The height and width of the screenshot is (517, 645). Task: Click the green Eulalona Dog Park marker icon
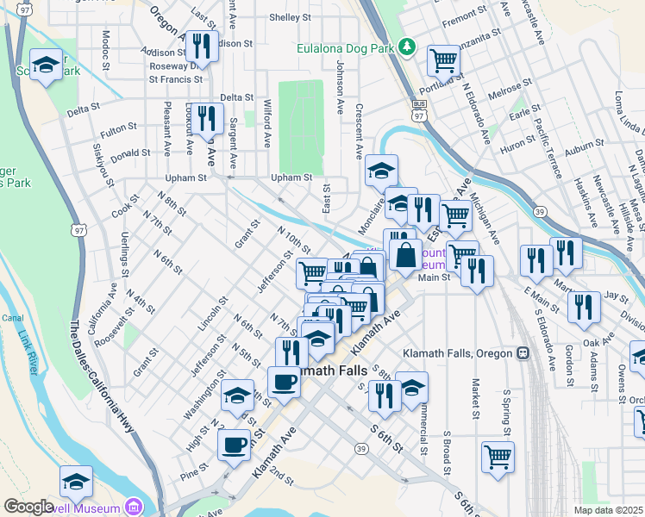412,47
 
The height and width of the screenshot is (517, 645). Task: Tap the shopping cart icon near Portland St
443,60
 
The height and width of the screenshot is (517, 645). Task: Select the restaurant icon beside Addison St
202,45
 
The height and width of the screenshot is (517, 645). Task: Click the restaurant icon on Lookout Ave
206,117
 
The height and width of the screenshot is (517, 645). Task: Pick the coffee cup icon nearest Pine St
233,445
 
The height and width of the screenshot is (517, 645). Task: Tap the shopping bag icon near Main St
405,254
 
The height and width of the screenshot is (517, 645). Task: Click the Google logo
29,506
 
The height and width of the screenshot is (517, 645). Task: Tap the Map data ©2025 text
608,510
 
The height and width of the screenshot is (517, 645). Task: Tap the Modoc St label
105,50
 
